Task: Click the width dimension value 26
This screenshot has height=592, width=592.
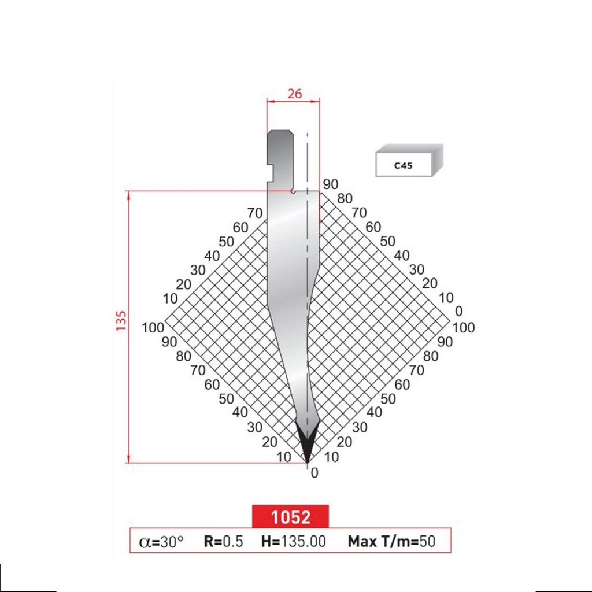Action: pyautogui.click(x=295, y=93)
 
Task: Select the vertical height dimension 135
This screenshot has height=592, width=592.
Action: pyautogui.click(x=121, y=320)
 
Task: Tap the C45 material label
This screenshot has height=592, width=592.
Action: pyautogui.click(x=404, y=166)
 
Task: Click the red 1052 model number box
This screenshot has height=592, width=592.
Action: pyautogui.click(x=290, y=517)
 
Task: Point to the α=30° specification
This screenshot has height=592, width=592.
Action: pyautogui.click(x=161, y=542)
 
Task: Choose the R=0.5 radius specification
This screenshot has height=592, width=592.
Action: pyautogui.click(x=223, y=542)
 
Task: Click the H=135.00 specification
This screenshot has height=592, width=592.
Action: pyautogui.click(x=294, y=542)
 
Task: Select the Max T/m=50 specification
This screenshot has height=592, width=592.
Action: pyautogui.click(x=391, y=542)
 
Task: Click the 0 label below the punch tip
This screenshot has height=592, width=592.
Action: pyautogui.click(x=314, y=473)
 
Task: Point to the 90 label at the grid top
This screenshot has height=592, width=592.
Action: pyautogui.click(x=331, y=185)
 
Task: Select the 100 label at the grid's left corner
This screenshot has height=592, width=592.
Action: pyautogui.click(x=153, y=328)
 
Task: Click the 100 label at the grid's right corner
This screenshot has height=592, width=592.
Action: pyautogui.click(x=463, y=328)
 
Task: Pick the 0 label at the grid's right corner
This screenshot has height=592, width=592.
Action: pyautogui.click(x=459, y=312)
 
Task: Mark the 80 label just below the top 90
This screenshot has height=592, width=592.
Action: pyautogui.click(x=345, y=198)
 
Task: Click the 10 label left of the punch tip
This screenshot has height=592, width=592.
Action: pyautogui.click(x=283, y=457)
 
